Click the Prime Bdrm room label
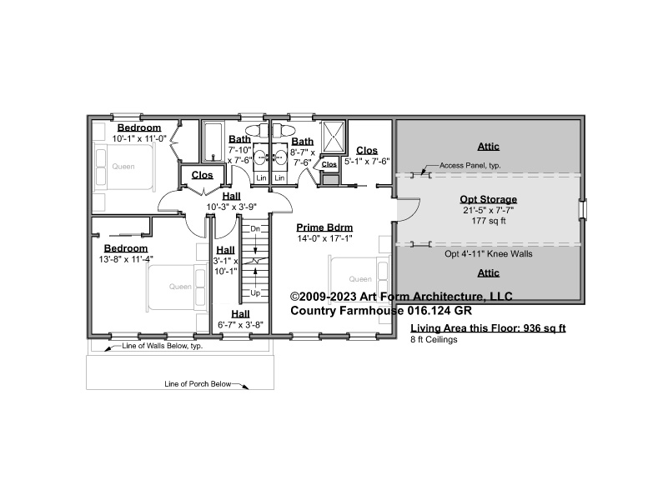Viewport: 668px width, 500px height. pos(324,227)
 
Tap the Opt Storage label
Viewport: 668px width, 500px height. pos(488,199)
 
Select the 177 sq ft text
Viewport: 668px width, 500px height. pos(488,221)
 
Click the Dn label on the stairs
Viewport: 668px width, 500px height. pos(254,229)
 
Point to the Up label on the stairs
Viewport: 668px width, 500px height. pos(255,292)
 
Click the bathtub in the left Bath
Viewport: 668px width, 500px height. pos(213,142)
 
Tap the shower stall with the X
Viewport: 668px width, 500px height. pos(333,137)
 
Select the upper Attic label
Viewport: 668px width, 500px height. pos(488,147)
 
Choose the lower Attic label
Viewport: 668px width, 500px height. pos(488,272)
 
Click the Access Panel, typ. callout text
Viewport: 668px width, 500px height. pos(470,166)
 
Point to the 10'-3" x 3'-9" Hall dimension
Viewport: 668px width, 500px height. pos(231,207)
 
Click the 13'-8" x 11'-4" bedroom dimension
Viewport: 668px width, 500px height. pos(126,259)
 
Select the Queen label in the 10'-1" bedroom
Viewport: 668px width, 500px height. pos(123,167)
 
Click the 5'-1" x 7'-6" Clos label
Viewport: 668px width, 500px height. pos(367,162)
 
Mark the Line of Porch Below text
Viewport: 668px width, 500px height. pos(198,384)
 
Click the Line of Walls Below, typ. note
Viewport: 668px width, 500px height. pos(163,346)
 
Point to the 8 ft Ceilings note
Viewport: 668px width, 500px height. pos(434,339)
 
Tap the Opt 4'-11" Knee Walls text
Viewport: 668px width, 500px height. pos(488,254)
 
